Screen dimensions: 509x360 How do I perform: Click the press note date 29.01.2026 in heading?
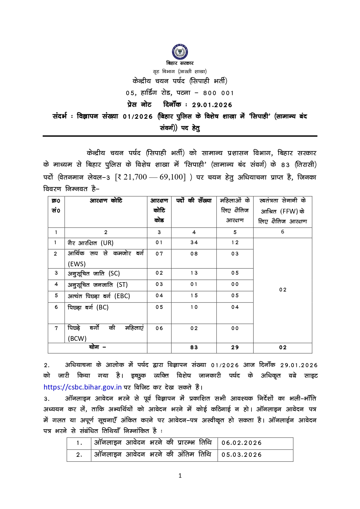pos(212,105)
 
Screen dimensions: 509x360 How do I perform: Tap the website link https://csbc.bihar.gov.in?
pos(82,387)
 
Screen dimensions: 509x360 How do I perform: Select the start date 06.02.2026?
pos(242,443)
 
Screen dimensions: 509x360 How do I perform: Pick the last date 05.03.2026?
pos(242,455)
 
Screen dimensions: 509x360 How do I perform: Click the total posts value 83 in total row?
pos(194,347)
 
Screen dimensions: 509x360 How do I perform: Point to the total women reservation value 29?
pos(235,347)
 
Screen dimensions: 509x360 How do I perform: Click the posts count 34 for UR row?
pos(194,242)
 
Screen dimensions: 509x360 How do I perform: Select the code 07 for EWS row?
pos(159,254)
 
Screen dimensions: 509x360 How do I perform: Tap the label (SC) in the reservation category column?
pos(114,273)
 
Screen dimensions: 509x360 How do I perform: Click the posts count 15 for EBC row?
pos(194,296)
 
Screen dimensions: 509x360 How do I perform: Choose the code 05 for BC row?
pos(159,307)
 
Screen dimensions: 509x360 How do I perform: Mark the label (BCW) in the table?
pos(77,338)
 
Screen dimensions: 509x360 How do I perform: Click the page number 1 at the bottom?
pos(180,475)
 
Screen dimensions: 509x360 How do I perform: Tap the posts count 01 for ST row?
pos(194,284)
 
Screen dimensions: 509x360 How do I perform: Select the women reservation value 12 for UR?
pos(235,242)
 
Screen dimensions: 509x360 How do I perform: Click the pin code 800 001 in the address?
pos(218,93)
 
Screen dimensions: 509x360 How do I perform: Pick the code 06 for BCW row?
pos(159,328)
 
